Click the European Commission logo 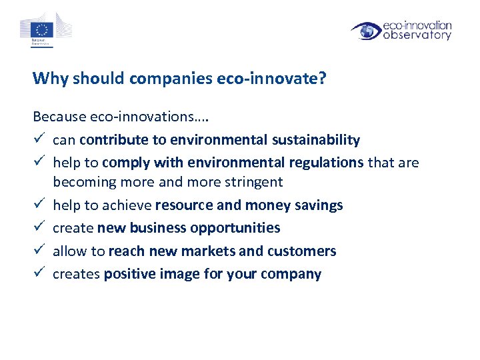[45, 30]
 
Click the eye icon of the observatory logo [366, 31]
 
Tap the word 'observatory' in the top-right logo [417, 35]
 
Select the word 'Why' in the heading [46, 79]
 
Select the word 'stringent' [254, 181]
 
